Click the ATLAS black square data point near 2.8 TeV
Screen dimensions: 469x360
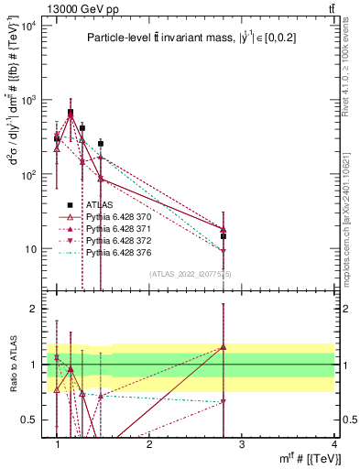tap(224, 236)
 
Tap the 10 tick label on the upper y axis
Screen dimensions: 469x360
tap(34, 249)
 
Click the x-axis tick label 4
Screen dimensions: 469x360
tap(334, 444)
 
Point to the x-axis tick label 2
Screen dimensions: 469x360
tap(149, 444)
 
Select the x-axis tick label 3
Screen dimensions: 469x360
tap(242, 444)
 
